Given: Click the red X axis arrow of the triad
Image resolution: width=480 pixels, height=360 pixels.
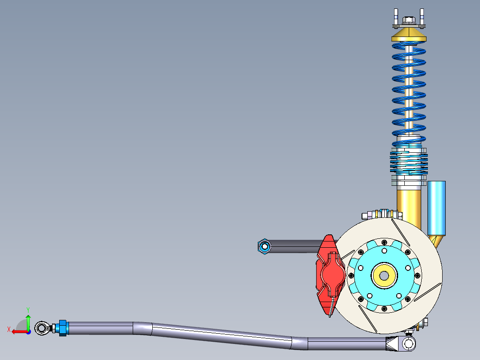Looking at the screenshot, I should pos(18,331).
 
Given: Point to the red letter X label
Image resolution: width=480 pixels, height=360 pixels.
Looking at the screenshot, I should pos(9,329).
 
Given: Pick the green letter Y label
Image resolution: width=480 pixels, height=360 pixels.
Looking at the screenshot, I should pos(28,309).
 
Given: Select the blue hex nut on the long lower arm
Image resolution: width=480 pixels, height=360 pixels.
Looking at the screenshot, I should pos(62,328).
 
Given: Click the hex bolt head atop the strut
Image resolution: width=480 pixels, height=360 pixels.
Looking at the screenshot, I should pos(408,20).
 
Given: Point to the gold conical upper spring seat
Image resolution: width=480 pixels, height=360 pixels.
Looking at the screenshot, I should pos(408,35).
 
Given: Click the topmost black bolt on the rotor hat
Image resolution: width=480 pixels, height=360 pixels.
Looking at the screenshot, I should pos(383,241).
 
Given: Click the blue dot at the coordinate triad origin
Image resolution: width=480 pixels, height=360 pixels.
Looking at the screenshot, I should pos(28,331).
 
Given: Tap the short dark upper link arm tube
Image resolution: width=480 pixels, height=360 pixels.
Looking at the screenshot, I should pos(294,246).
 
